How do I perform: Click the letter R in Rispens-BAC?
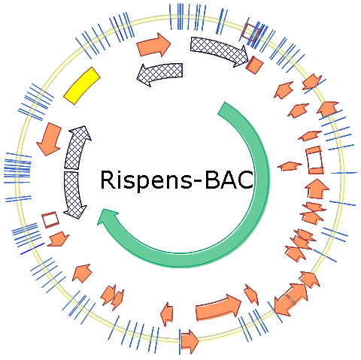pyautogui.click(x=108, y=180)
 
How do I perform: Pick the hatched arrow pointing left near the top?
pyautogui.click(x=160, y=72)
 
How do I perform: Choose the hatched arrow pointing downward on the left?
pyautogui.click(x=74, y=195)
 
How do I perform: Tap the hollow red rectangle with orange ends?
pyautogui.click(x=315, y=160)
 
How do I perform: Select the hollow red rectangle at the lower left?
pyautogui.click(x=50, y=219)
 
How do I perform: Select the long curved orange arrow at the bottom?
pyautogui.click(x=218, y=307)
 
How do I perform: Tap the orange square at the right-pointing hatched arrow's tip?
pyautogui.click(x=255, y=65)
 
